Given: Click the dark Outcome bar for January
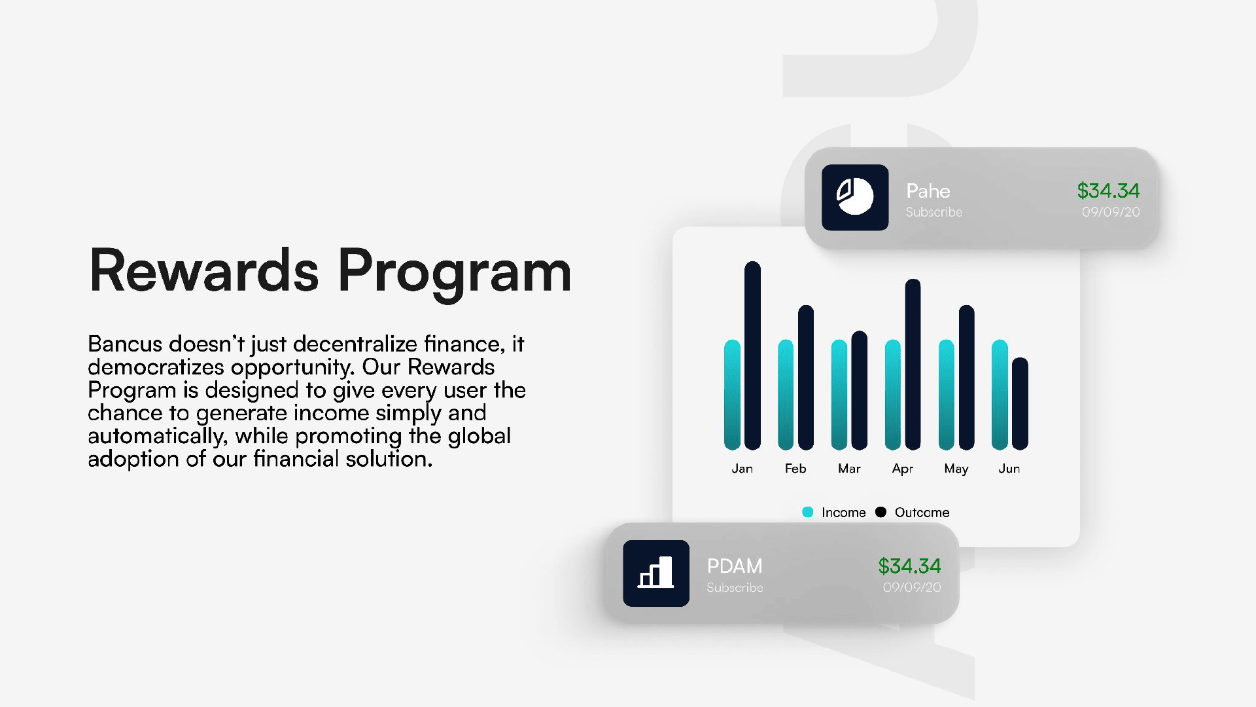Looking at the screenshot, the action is [752, 355].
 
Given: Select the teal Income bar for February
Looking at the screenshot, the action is [786, 395].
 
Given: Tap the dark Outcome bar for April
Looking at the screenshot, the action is [913, 365].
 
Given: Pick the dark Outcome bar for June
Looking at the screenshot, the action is [1020, 404].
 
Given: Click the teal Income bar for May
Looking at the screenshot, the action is [946, 395].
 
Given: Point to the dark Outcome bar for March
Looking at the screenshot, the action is [860, 390].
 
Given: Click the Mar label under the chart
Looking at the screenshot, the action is [849, 469].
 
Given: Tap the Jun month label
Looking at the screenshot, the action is [1009, 469].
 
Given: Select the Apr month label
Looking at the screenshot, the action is [903, 469].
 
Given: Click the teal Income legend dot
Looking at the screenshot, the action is [808, 512].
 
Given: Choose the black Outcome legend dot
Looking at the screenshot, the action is [881, 512].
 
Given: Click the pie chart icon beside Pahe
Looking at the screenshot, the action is [855, 197].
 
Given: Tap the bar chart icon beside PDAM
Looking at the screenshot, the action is [656, 572].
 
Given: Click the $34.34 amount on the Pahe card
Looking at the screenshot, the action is [1108, 190].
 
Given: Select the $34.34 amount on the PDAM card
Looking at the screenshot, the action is [909, 566].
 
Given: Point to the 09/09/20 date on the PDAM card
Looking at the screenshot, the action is [912, 587].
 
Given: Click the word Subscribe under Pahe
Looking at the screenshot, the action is [934, 212].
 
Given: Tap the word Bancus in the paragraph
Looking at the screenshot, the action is [125, 344].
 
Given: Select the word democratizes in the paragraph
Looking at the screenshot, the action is [156, 367].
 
